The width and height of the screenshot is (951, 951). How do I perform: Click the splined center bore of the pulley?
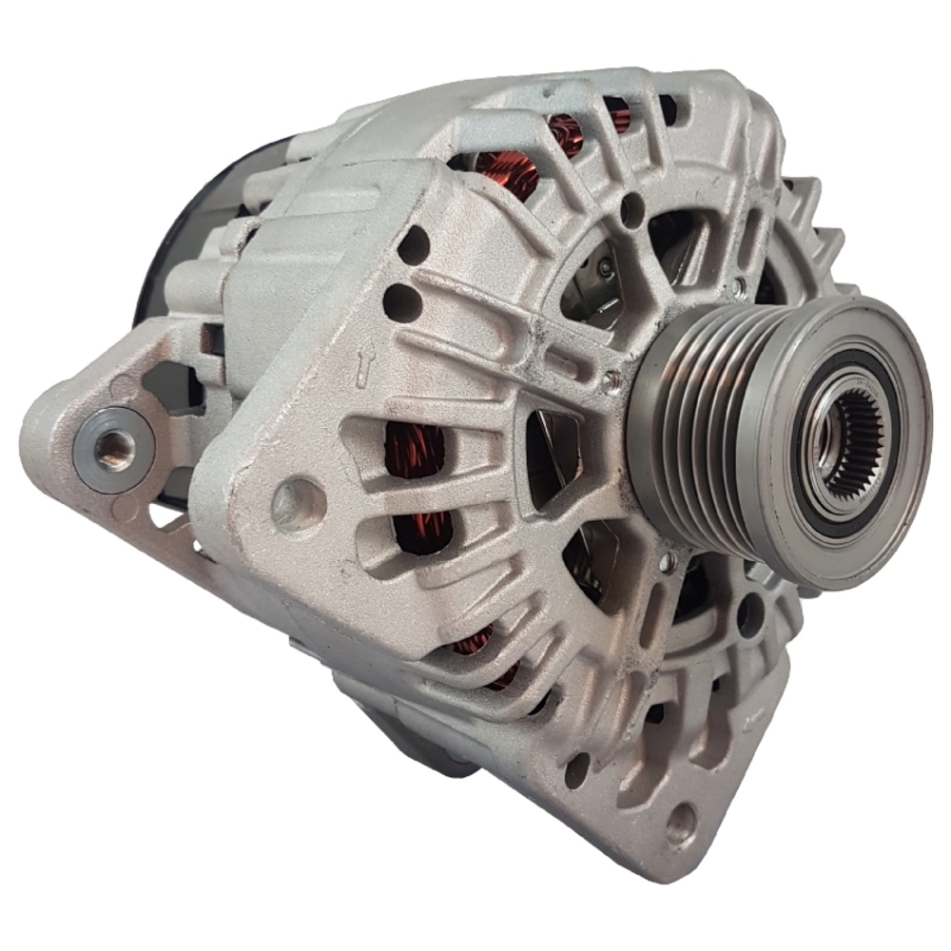pyautogui.click(x=853, y=441)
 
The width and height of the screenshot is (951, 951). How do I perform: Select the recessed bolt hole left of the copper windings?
pyautogui.click(x=298, y=501)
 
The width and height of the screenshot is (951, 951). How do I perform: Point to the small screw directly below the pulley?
pyautogui.click(x=671, y=561)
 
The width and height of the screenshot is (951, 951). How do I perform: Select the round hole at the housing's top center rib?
pyautogui.click(x=631, y=209)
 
